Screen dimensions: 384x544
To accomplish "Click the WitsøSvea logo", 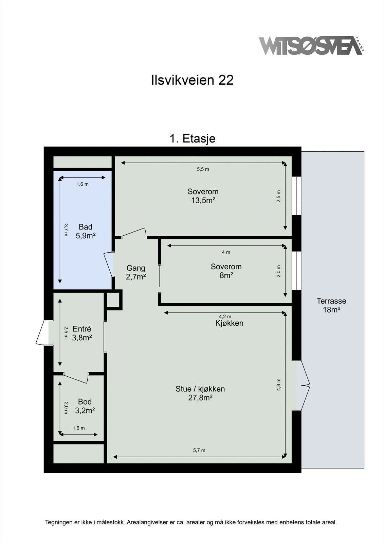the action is [x=311, y=46].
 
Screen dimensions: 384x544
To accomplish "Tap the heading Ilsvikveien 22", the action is [x=193, y=80].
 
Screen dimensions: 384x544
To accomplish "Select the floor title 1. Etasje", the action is [x=193, y=139].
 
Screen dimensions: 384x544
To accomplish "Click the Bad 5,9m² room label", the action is [x=85, y=231].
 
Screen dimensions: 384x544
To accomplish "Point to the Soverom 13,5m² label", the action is [x=203, y=196].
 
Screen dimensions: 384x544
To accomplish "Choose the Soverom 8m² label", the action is [x=226, y=271].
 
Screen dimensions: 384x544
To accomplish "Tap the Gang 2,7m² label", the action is [x=136, y=272].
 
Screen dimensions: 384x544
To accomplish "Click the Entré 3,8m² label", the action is [x=82, y=333].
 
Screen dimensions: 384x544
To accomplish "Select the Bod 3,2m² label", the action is [x=85, y=406].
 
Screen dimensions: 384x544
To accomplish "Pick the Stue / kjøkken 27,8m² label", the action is [x=200, y=393].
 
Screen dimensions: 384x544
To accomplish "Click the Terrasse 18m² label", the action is [x=331, y=305].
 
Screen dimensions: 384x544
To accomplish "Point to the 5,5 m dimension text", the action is [x=203, y=169].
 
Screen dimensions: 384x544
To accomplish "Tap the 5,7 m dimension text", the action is [x=199, y=450].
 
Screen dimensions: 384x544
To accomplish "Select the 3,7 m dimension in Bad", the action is [x=66, y=230].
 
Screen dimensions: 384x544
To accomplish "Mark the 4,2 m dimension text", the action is [x=225, y=317].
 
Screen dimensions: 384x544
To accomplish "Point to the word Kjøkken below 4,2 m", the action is [x=229, y=323].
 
